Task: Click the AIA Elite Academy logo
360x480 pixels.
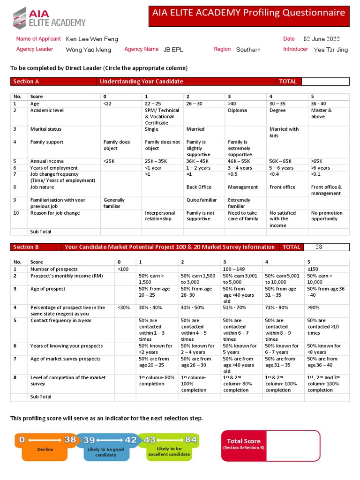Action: click(49, 17)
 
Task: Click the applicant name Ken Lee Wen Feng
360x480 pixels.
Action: click(92, 39)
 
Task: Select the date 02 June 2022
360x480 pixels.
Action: click(322, 39)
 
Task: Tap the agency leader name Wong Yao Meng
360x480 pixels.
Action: click(89, 49)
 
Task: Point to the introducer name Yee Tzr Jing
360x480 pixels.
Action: click(330, 49)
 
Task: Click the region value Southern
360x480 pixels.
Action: click(248, 49)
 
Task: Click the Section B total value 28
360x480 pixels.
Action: click(319, 247)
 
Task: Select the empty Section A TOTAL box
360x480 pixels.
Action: click(325, 82)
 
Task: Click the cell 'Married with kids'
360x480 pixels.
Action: click(284, 132)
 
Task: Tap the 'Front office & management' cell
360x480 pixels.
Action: click(326, 190)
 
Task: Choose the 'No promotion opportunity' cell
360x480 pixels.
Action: click(327, 216)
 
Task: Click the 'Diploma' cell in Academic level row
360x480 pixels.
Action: click(237, 111)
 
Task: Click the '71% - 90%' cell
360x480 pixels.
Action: click(277, 308)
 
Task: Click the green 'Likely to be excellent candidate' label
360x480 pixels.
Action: click(170, 451)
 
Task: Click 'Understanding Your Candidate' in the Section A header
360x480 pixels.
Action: click(141, 82)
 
